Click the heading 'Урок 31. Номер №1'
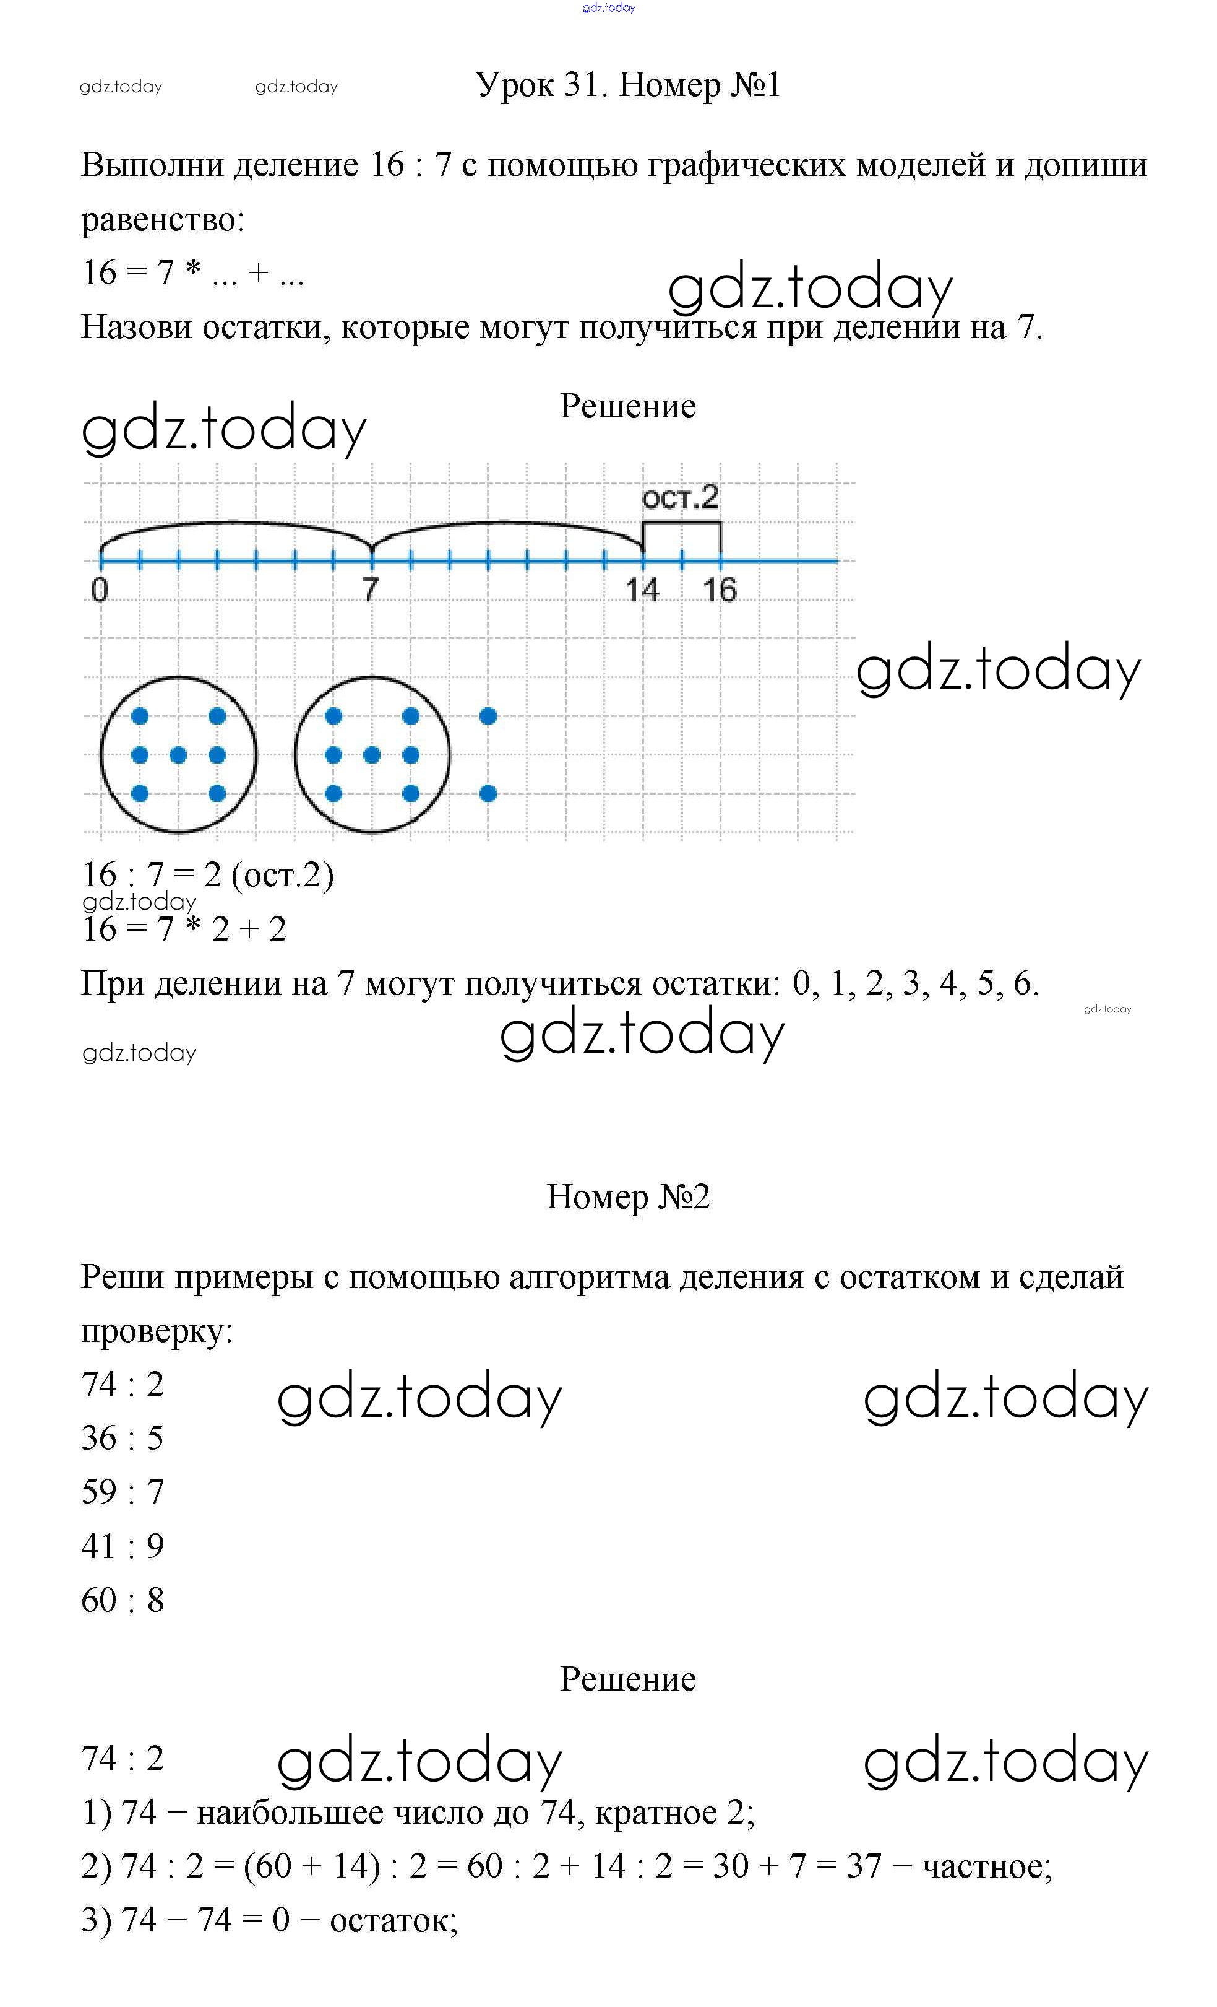627,85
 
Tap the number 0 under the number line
100,589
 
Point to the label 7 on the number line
371,588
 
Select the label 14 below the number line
642,589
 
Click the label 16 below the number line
720,589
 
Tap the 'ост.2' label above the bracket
680,497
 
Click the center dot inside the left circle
178,755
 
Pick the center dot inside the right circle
372,755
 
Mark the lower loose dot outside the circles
488,793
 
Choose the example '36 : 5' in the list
123,1438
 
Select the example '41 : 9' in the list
123,1546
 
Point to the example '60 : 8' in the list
123,1600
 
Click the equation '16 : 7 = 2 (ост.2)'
208,875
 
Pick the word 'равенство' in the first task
162,219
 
